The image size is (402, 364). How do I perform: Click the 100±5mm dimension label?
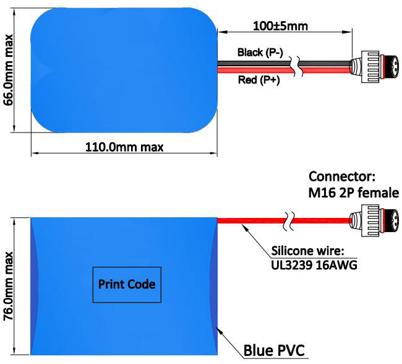click(x=280, y=26)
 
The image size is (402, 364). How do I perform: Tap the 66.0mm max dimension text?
click(x=9, y=70)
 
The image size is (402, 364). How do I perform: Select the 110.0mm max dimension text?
click(x=124, y=147)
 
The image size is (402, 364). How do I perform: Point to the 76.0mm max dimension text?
click(x=9, y=286)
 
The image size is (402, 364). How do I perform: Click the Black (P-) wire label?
click(x=260, y=53)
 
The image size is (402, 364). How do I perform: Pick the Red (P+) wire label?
click(x=259, y=80)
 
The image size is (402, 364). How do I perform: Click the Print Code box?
click(x=127, y=285)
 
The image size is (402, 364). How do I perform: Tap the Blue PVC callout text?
click(x=274, y=350)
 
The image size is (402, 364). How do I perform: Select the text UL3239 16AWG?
click(x=314, y=265)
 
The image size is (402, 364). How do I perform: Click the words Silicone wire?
click(x=307, y=251)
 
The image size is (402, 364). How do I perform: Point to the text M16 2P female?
click(x=354, y=193)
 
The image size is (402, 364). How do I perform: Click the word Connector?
click(x=342, y=176)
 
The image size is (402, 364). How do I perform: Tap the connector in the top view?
click(x=374, y=67)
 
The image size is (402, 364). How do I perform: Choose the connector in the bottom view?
click(x=374, y=220)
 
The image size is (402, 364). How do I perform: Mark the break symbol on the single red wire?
click(x=289, y=221)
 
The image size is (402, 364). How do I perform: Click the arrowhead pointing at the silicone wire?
click(x=245, y=227)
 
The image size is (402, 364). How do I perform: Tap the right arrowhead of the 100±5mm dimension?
click(x=348, y=32)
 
